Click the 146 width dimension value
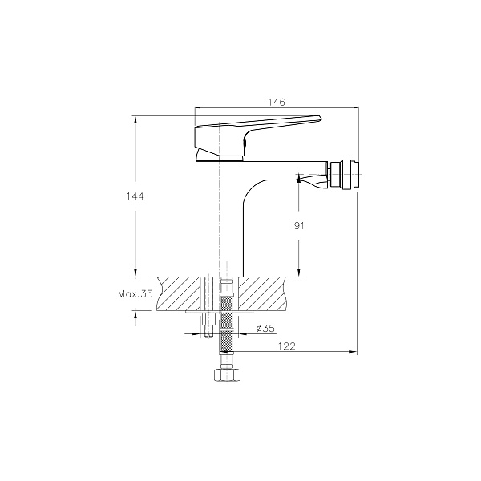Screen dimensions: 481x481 pyautogui.click(x=277, y=102)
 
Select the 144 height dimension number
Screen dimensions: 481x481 pyautogui.click(x=135, y=196)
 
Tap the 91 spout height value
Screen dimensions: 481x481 pyautogui.click(x=299, y=226)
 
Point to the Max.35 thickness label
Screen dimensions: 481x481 pyautogui.click(x=135, y=294)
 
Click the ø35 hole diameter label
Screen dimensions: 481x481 pyautogui.click(x=265, y=329)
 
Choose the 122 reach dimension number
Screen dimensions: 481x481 pyautogui.click(x=286, y=346)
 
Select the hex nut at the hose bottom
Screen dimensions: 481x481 pyautogui.click(x=226, y=374)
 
